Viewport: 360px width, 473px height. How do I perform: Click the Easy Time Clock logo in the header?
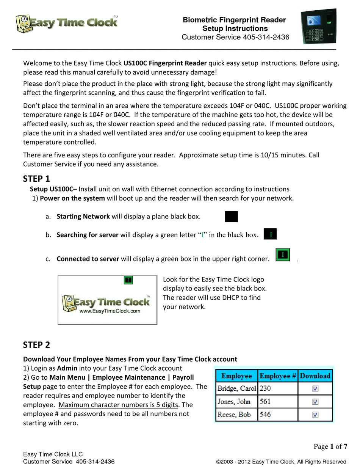[67, 24]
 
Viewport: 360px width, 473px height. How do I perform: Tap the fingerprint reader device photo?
[318, 27]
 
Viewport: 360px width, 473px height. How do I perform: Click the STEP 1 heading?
[36, 179]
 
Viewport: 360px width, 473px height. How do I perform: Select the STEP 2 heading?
[36, 345]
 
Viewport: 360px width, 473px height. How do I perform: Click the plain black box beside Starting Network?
[231, 217]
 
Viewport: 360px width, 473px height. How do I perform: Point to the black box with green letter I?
[270, 235]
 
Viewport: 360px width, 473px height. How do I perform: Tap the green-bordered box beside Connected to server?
[282, 255]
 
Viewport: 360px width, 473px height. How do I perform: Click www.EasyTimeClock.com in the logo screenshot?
[110, 311]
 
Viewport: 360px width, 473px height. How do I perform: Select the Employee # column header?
[277, 376]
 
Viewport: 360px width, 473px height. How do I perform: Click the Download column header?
[315, 376]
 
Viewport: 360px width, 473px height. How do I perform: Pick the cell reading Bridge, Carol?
[236, 388]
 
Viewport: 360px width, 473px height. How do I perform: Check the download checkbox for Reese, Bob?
[315, 415]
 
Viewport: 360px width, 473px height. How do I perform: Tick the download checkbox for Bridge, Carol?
[315, 388]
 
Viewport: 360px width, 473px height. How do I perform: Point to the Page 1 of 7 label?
[330, 446]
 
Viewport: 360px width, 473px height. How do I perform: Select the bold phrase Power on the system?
[72, 198]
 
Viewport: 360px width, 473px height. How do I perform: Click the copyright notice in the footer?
[281, 462]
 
